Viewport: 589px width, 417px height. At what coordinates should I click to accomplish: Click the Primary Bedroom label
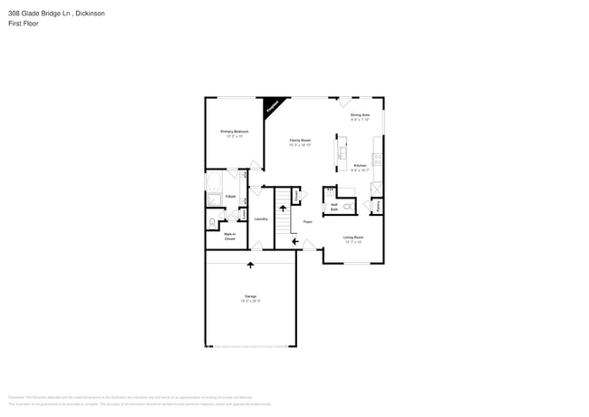click(235, 132)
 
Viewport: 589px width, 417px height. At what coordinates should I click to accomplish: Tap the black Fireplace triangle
click(271, 108)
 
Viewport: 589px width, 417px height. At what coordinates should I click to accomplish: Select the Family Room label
click(300, 141)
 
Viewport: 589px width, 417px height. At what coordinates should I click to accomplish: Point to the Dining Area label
click(360, 116)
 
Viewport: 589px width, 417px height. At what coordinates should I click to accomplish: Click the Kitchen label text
click(359, 166)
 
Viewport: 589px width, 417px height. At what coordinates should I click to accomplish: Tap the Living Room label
click(352, 238)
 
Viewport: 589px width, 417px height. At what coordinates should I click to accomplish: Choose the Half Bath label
click(334, 208)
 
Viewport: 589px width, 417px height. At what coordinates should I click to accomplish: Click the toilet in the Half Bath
click(347, 206)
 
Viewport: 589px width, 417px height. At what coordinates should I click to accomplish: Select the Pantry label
click(377, 206)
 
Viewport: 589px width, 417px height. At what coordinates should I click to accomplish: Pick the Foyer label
click(308, 220)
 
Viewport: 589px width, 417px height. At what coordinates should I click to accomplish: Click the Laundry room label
click(260, 218)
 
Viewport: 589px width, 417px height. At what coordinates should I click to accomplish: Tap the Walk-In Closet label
click(230, 236)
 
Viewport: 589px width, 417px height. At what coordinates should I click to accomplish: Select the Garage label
click(250, 296)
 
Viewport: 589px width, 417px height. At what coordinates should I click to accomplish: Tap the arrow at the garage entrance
click(250, 264)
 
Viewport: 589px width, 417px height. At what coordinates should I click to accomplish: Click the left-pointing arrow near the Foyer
click(294, 241)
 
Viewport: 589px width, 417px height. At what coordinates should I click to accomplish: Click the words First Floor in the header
click(24, 24)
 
